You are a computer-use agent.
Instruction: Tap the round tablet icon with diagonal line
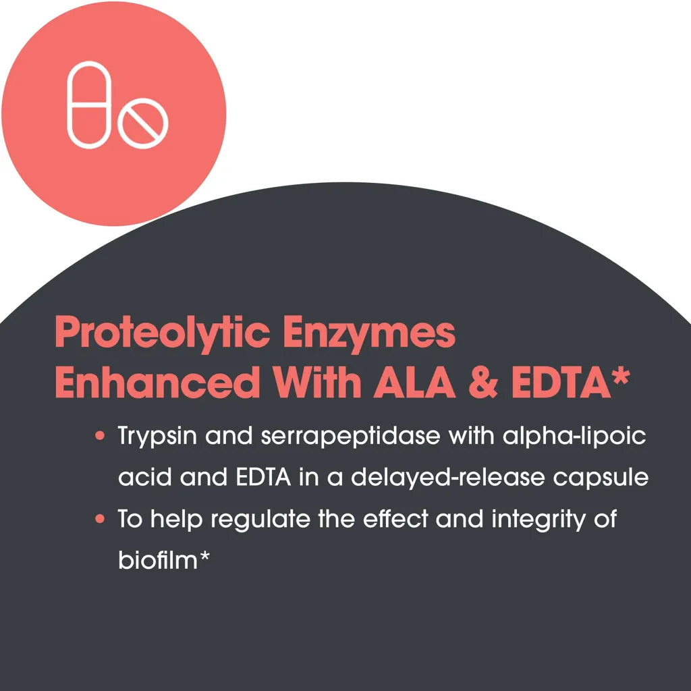click(143, 123)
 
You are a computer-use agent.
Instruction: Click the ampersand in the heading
click(483, 383)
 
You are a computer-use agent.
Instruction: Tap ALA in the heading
click(414, 383)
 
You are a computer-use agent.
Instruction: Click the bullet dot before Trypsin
click(100, 436)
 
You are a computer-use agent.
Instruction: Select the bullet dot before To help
click(100, 519)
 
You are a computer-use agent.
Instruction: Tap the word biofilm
click(158, 559)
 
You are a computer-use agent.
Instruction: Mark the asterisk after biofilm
click(204, 555)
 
